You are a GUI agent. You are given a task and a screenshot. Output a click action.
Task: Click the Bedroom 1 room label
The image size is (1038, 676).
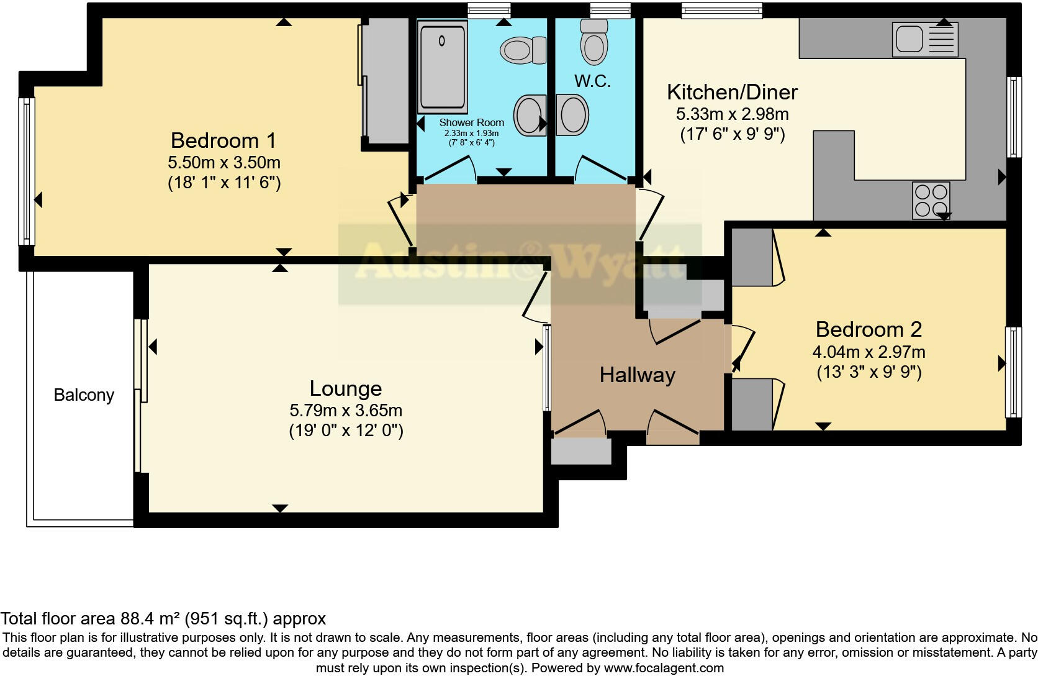tap(223, 140)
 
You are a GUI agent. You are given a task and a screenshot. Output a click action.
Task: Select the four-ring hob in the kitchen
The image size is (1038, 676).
tap(931, 200)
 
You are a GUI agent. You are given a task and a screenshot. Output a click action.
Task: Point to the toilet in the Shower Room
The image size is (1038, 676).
tap(523, 50)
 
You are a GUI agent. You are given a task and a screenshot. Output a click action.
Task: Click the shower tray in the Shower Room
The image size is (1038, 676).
tap(442, 65)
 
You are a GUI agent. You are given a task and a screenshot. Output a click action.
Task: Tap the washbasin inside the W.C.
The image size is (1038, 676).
tap(572, 115)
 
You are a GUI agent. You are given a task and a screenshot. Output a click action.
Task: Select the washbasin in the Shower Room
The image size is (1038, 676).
tap(530, 115)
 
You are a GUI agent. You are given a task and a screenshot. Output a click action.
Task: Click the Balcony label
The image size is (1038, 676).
tap(84, 395)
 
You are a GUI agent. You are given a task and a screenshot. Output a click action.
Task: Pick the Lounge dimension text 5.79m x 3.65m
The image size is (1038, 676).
tap(346, 410)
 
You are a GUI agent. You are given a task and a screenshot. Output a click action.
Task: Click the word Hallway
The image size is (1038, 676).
tap(637, 375)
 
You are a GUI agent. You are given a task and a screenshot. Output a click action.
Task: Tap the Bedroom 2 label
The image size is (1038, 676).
tap(869, 329)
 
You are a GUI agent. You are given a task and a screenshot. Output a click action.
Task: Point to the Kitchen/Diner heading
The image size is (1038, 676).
tap(732, 92)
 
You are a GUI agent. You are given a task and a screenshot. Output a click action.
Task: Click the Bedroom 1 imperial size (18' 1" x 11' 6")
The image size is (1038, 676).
tap(224, 183)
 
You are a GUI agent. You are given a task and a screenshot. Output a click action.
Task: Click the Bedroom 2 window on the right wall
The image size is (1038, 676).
tap(1013, 372)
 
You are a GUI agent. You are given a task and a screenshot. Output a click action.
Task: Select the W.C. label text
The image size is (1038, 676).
tap(592, 81)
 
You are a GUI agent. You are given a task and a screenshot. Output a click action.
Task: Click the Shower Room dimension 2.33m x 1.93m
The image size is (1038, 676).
tap(471, 134)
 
